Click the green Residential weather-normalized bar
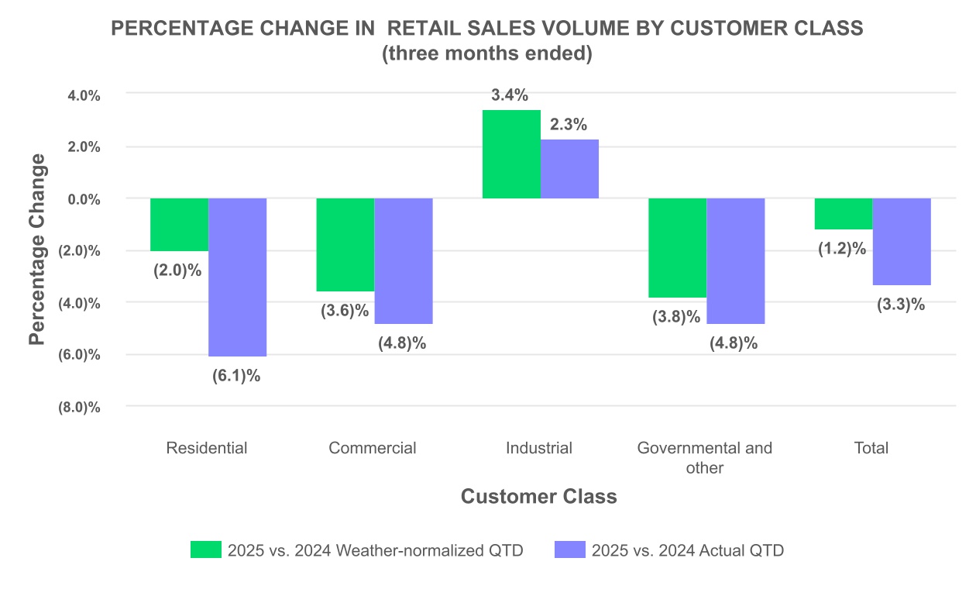(179, 225)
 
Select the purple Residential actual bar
(237, 277)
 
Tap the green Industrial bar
(511, 154)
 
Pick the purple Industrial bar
(569, 169)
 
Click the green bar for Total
(844, 214)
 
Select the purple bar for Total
(902, 242)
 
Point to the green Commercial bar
(345, 245)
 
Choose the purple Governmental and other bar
(736, 260)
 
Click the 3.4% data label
(510, 96)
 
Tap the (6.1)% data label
(236, 376)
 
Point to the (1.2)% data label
(842, 249)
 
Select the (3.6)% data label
(345, 312)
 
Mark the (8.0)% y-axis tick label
(80, 408)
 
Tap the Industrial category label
(539, 448)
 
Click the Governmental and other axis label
(704, 457)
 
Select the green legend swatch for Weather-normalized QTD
(205, 550)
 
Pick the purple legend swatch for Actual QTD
(569, 550)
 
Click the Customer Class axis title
(539, 497)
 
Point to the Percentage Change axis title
(36, 250)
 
